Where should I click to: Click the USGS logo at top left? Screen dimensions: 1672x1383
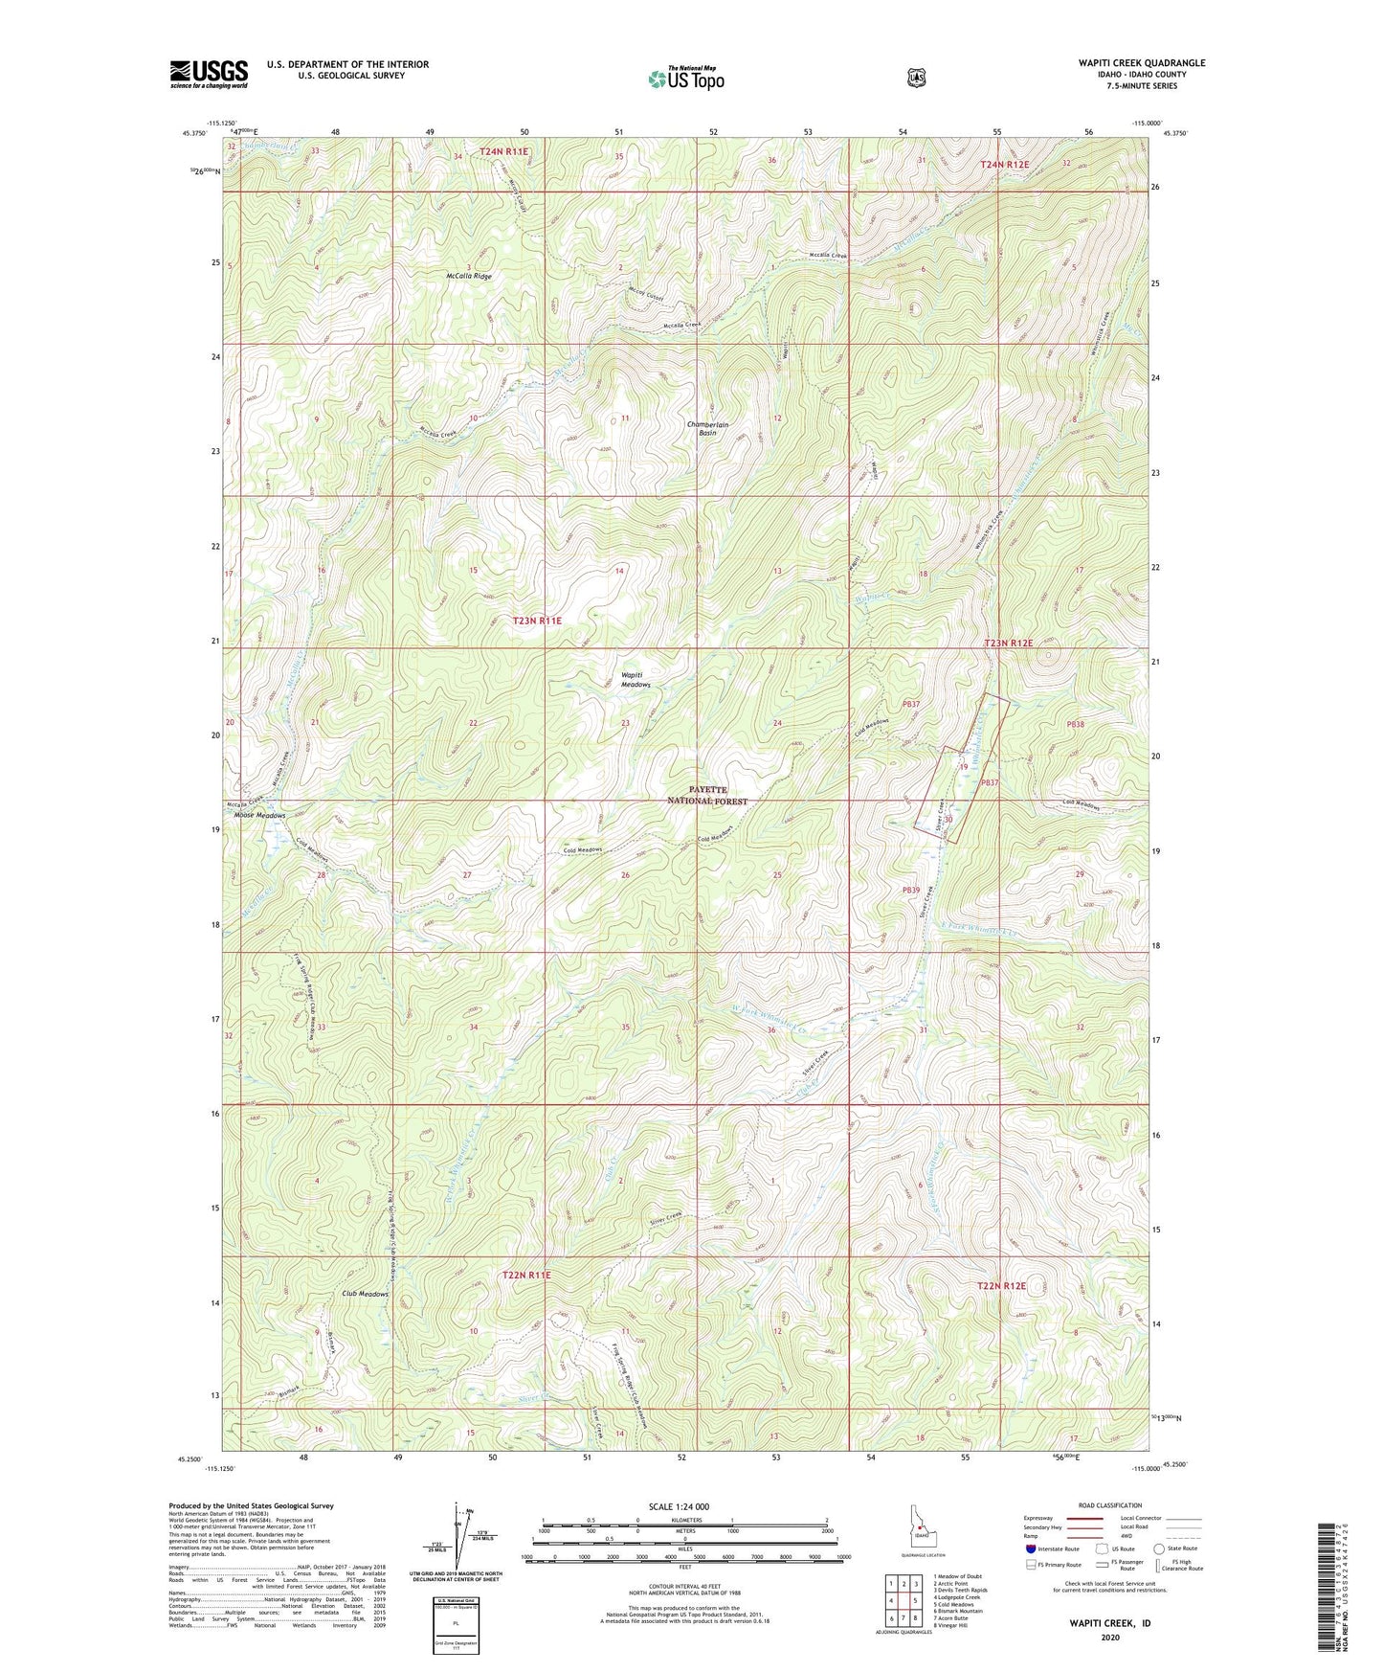209,74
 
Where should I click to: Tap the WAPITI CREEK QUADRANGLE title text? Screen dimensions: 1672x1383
1134,63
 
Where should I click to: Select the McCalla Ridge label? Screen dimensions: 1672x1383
468,276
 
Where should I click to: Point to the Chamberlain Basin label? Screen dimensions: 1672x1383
707,429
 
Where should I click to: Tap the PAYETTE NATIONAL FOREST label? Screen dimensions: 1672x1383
707,795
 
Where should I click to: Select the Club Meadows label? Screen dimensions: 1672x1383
365,1294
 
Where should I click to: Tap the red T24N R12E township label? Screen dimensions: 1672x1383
1005,165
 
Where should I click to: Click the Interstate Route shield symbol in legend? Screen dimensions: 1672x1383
1031,1548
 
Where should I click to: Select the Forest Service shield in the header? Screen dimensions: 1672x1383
916,77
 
